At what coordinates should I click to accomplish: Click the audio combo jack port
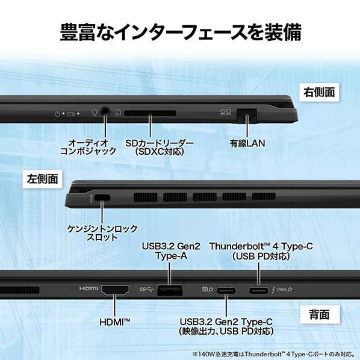[105, 111]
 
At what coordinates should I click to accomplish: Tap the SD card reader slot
[150, 113]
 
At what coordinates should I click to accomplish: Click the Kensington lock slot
[102, 197]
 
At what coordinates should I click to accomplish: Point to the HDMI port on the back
[115, 290]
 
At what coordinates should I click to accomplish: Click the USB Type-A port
[170, 290]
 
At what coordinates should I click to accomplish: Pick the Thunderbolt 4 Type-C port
[258, 290]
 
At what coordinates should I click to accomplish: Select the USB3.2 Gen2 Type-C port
[226, 290]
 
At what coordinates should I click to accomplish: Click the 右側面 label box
[319, 92]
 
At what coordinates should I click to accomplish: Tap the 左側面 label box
[42, 179]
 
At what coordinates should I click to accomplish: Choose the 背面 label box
[320, 314]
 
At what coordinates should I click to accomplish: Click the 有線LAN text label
[247, 143]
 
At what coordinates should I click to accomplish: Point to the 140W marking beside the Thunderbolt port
[282, 290]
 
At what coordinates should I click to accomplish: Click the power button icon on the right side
[57, 113]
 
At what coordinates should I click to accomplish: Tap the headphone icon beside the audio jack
[95, 112]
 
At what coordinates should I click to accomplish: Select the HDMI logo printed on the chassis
[88, 288]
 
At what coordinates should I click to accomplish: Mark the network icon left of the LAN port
[226, 112]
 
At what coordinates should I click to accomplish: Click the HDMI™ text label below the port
[115, 322]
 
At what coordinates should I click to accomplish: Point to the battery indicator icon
[70, 114]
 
